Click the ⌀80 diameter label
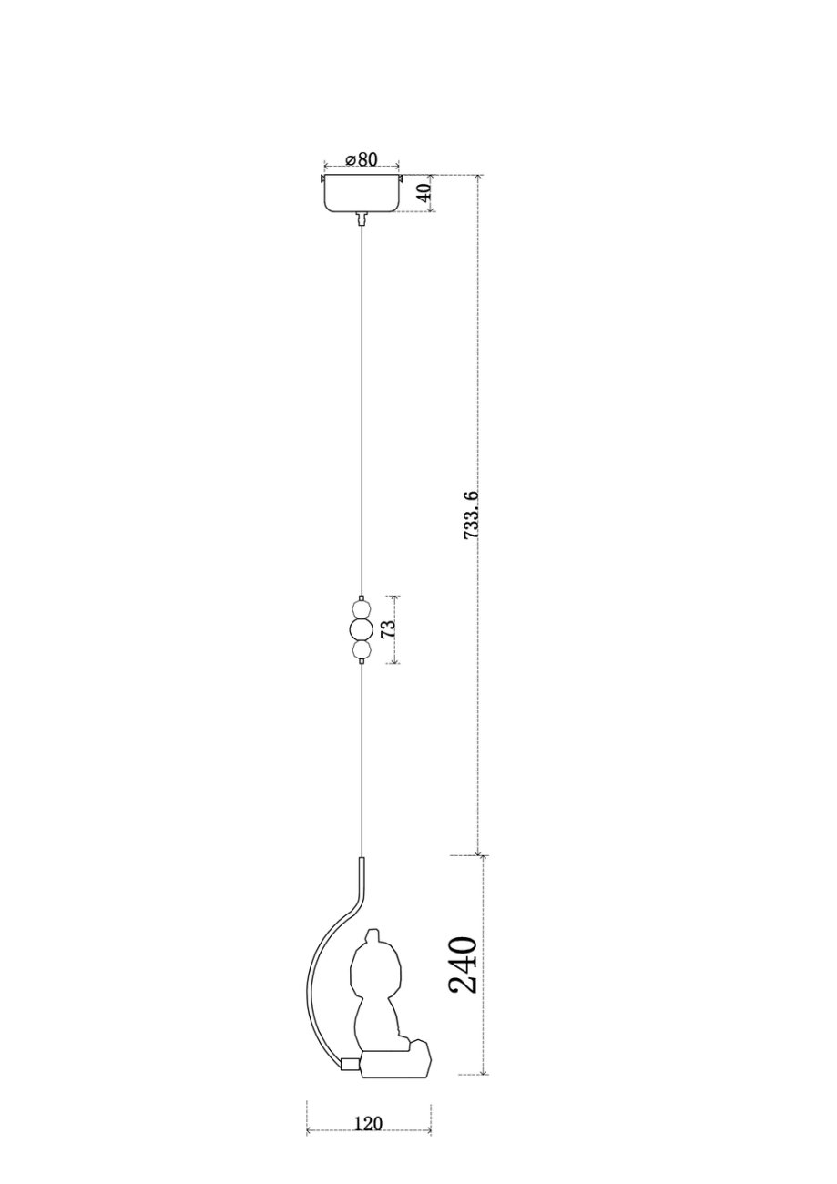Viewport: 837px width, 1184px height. click(x=362, y=158)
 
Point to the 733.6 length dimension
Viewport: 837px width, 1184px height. click(x=471, y=515)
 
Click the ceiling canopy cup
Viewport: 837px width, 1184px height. click(x=362, y=193)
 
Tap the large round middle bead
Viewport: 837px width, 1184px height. click(x=362, y=629)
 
